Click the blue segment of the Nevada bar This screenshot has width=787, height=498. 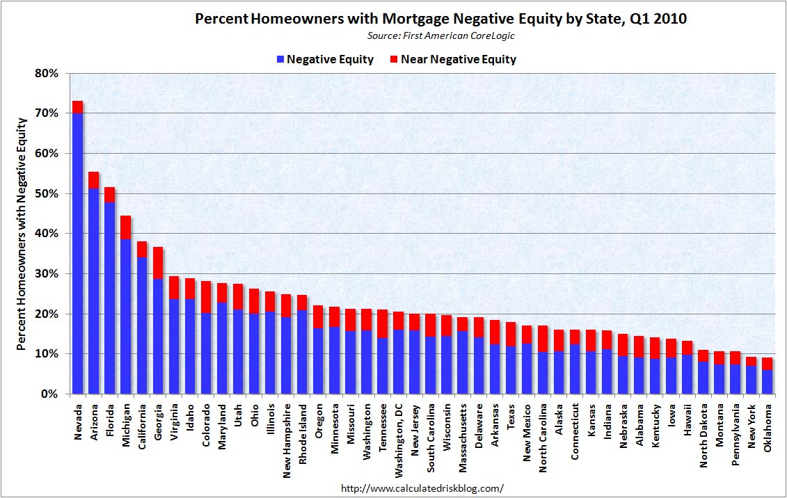(77, 254)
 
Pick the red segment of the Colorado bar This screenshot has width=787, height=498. (206, 297)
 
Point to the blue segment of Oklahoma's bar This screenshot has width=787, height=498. (766, 382)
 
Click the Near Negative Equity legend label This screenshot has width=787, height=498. (459, 60)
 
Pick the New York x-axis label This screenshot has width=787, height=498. (751, 424)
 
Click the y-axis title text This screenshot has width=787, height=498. (22, 234)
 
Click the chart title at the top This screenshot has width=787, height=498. (440, 19)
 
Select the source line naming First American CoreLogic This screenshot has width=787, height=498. (440, 35)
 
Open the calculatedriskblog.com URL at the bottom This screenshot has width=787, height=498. (422, 488)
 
